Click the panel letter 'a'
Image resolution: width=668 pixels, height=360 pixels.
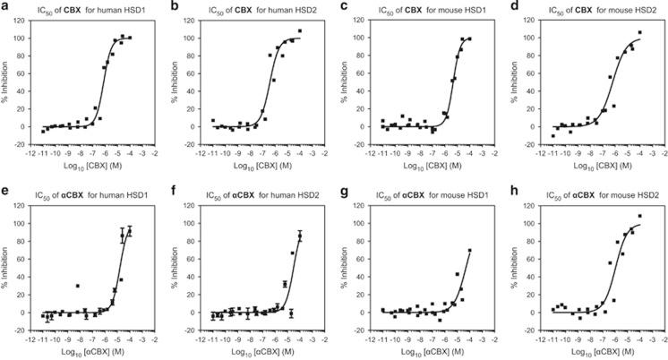5,7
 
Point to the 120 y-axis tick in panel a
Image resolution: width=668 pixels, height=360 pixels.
27,21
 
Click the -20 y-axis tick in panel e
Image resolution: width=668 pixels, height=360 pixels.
27,330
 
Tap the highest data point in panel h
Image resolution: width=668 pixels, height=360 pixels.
639,216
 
